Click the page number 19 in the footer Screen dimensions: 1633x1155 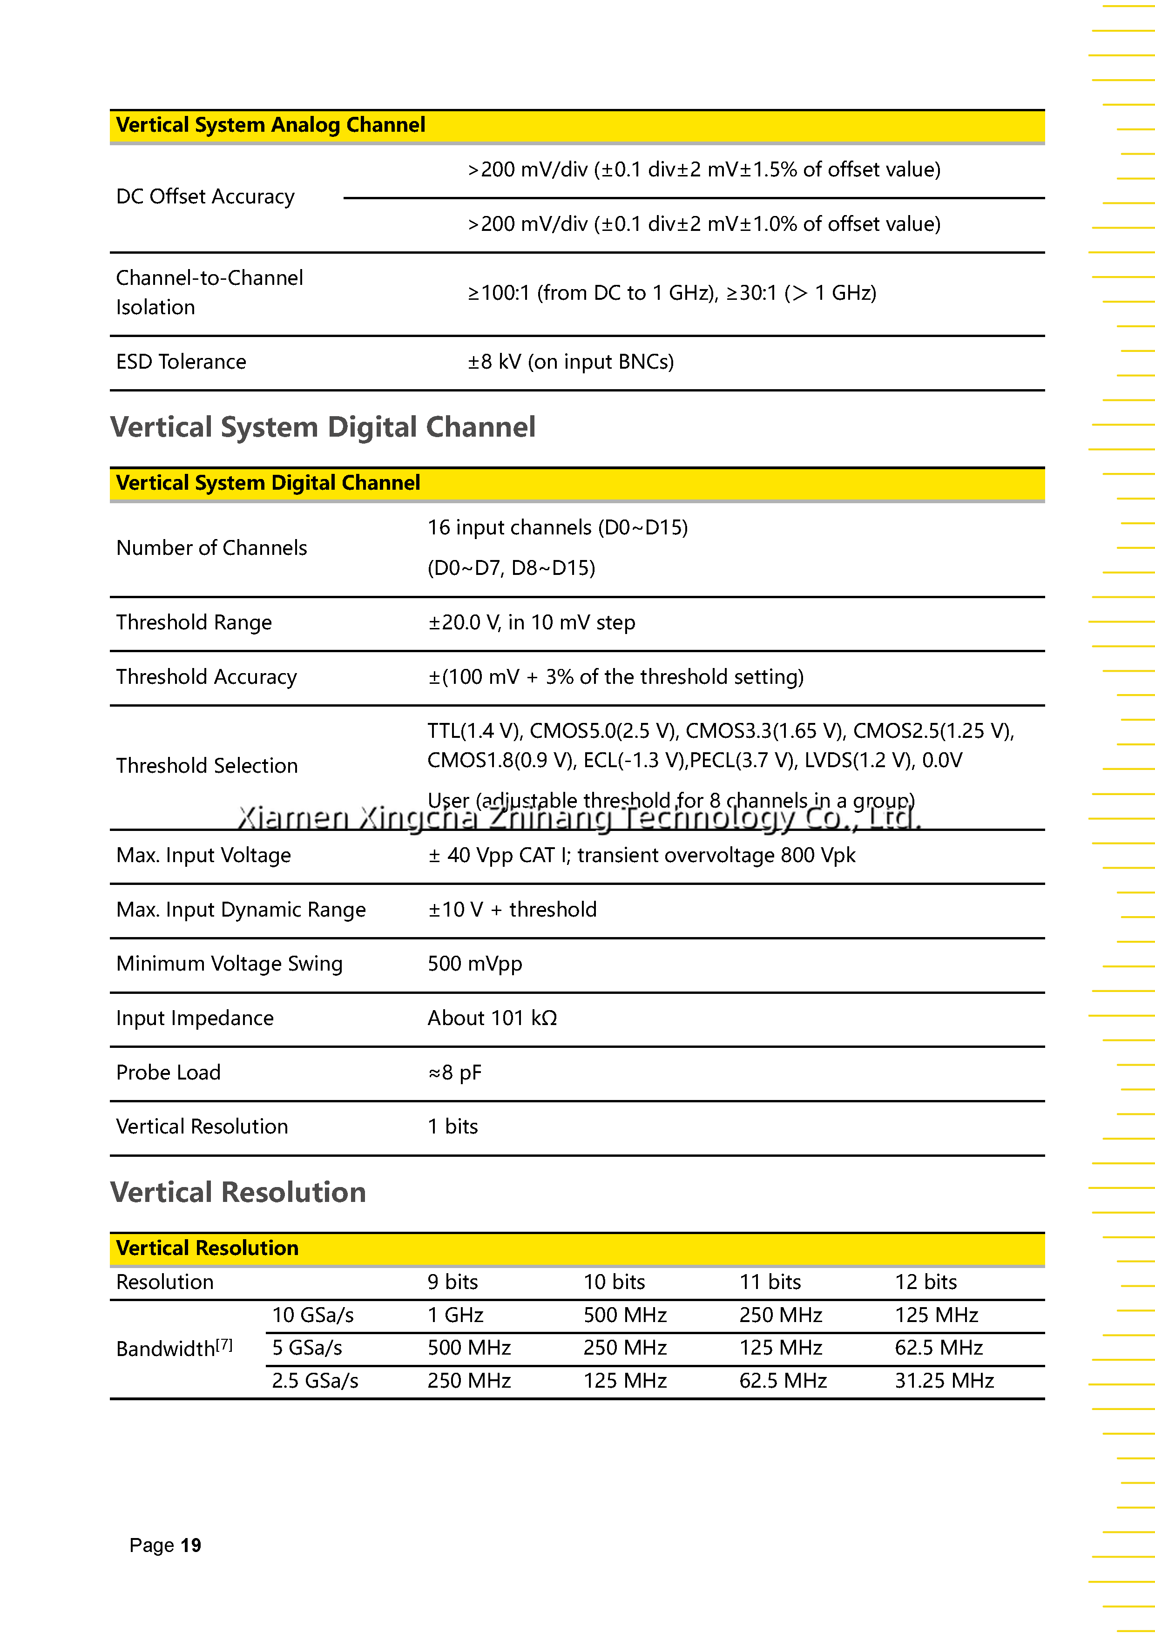click(190, 1545)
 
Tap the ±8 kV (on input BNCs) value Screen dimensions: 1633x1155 click(570, 362)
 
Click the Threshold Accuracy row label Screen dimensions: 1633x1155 click(206, 677)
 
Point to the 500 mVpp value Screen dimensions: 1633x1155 click(474, 964)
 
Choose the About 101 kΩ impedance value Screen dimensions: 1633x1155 click(492, 1019)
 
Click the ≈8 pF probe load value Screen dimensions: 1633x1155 click(454, 1073)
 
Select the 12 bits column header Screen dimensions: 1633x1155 click(925, 1282)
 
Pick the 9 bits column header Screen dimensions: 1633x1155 click(453, 1282)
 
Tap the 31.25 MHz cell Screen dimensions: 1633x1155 click(944, 1381)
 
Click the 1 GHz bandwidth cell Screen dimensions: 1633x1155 click(455, 1315)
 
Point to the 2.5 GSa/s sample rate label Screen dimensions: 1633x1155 click(315, 1381)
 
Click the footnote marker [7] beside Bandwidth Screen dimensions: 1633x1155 click(224, 1344)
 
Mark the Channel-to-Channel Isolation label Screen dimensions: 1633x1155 click(209, 292)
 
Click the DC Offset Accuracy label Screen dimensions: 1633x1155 click(205, 197)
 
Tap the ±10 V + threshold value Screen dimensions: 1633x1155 click(512, 910)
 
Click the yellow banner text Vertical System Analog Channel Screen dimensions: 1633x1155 click(270, 125)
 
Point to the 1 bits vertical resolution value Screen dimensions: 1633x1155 click(453, 1127)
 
